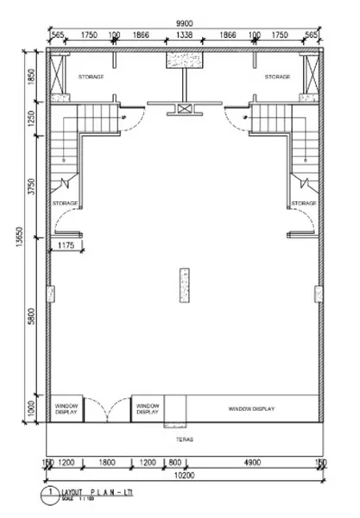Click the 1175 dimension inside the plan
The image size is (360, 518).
(67, 246)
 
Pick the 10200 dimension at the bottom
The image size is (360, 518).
(183, 475)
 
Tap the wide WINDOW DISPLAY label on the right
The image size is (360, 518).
(251, 407)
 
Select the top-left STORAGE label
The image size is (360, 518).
(91, 77)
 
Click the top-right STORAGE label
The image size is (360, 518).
(277, 77)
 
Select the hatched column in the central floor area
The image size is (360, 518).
(183, 286)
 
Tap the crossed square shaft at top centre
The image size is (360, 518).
(183, 108)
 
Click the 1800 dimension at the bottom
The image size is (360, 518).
(106, 464)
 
